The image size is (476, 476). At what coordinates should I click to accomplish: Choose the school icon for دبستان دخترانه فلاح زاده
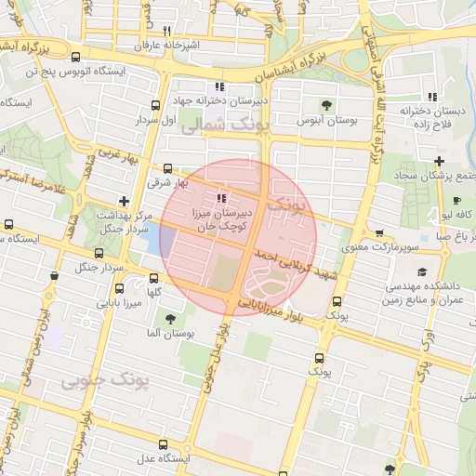pos(431,96)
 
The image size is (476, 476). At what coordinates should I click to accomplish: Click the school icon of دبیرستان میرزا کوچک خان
pos(220,197)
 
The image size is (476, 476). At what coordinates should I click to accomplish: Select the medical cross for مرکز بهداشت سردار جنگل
pos(124,201)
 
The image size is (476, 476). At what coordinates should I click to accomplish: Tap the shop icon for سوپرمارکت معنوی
pos(378,233)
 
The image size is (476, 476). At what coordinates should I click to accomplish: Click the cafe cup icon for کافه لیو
pos(456,200)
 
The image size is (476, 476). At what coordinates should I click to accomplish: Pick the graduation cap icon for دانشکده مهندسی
pos(423,272)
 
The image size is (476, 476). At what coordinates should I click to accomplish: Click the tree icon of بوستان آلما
pos(169,319)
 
